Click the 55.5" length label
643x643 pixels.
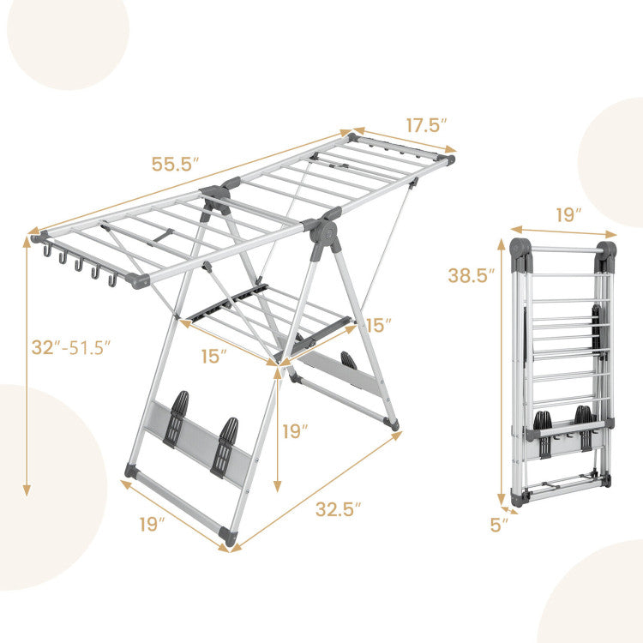click(176, 164)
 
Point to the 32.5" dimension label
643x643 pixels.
click(338, 508)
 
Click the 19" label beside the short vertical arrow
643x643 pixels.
click(294, 431)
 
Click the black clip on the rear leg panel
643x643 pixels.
click(349, 361)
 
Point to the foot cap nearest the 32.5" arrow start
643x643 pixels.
click(227, 537)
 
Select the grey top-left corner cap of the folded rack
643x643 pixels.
click(520, 249)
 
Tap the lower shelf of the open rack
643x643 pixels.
click(266, 321)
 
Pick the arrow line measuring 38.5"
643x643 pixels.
click(501, 377)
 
